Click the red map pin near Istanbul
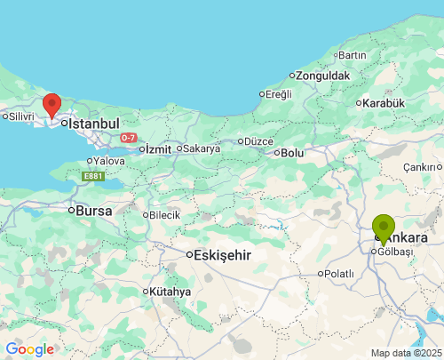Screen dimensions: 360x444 pos(52,105)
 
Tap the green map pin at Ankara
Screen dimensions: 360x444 pos(384,228)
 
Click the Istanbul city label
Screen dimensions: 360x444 pos(93,123)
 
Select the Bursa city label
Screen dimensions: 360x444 pos(94,212)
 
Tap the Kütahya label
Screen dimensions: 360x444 pos(170,292)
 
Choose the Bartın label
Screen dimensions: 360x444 pos(352,55)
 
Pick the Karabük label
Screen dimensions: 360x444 pos(384,103)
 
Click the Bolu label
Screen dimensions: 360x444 pos(292,153)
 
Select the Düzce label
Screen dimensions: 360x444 pos(258,141)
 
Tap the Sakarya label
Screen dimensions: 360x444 pos(202,148)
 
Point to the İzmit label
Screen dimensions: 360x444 pos(157,148)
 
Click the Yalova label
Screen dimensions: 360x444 pos(108,161)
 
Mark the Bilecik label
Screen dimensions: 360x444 pos(164,215)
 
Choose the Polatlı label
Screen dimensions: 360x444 pos(338,274)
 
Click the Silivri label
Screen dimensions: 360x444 pos(20,116)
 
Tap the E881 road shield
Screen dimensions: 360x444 pos(93,177)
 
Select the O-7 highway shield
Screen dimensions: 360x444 pos(129,138)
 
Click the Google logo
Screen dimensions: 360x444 pos(29,349)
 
